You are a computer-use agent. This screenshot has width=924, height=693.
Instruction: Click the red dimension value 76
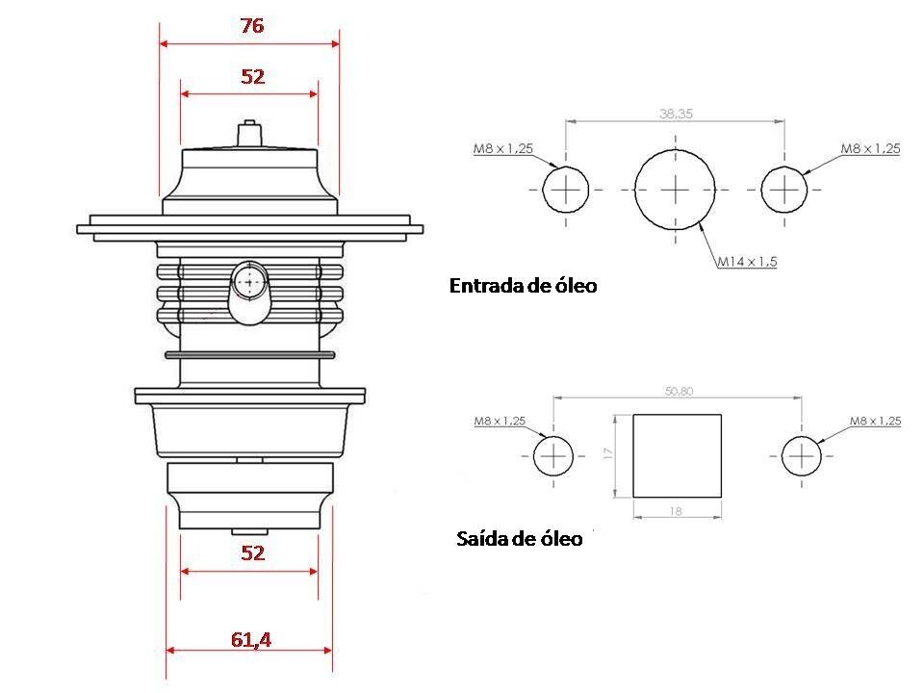[251, 27]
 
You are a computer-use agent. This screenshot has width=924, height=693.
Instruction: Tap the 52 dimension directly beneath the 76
[252, 77]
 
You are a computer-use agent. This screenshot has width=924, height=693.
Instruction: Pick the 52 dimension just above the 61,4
[252, 553]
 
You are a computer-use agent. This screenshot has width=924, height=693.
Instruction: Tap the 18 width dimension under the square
[676, 511]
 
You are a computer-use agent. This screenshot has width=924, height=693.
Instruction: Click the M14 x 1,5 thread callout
[747, 261]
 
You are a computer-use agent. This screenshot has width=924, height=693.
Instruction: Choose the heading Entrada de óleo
[523, 286]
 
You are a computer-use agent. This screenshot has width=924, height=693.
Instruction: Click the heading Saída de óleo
[519, 539]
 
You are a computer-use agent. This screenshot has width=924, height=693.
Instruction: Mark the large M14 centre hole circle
[676, 190]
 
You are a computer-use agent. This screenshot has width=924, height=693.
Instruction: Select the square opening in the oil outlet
[677, 455]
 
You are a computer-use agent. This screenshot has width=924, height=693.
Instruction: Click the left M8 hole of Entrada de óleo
[566, 190]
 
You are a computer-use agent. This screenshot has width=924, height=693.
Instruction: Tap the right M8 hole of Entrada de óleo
[784, 190]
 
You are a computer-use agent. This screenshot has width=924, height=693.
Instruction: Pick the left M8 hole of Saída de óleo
[552, 455]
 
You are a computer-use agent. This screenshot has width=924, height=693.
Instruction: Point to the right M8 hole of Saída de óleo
[802, 455]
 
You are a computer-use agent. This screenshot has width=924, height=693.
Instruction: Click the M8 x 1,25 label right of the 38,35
[870, 149]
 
